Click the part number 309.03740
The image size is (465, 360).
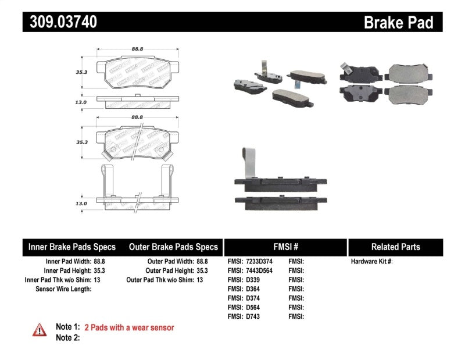pos(60,22)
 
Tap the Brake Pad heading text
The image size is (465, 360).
pos(398,23)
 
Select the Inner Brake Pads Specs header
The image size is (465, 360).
pos(72,247)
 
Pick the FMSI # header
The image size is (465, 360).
pos(285,247)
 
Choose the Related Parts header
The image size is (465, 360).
pos(395,247)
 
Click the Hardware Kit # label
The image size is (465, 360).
pos(372,262)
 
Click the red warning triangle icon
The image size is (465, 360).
pos(39,330)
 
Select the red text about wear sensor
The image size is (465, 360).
pos(129,327)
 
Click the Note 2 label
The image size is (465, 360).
pos(67,337)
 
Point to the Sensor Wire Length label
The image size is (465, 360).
pos(63,289)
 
